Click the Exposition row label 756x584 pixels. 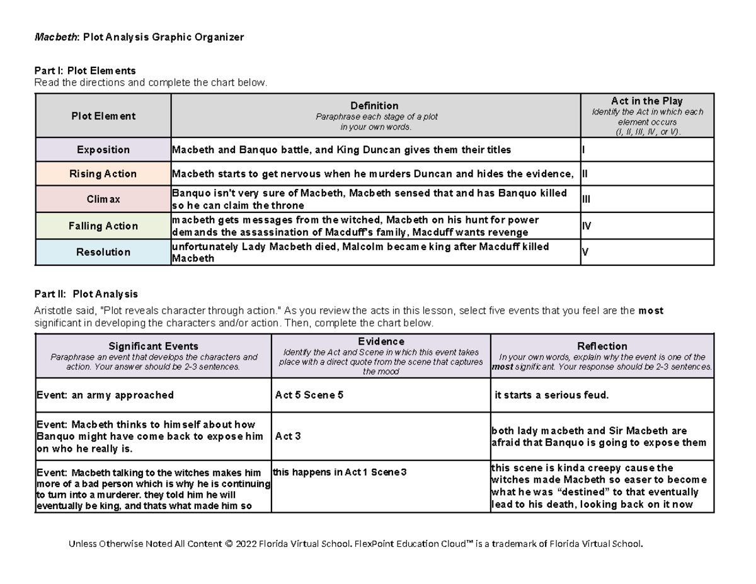pos(103,150)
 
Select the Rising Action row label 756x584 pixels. pos(103,174)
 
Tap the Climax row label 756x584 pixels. pos(103,199)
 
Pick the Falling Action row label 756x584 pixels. pos(103,226)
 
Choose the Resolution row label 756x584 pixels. pos(103,252)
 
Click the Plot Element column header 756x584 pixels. pos(103,116)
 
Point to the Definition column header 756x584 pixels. pos(375,106)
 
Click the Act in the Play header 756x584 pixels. pos(646,101)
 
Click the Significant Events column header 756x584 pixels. pos(153,346)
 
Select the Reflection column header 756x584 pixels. pos(602,346)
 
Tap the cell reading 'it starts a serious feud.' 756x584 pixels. pos(552,396)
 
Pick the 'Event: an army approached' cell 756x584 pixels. pos(105,396)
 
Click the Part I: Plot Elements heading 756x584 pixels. pos(85,71)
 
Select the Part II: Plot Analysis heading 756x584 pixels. pos(86,294)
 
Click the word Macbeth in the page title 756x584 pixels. pos(54,37)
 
